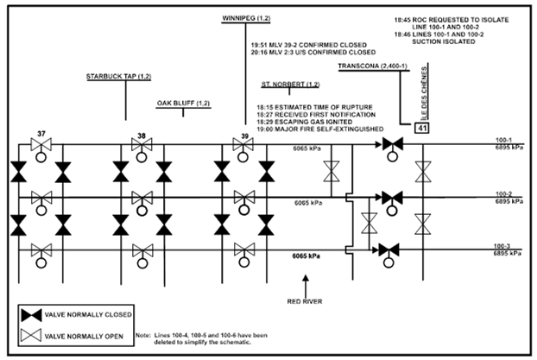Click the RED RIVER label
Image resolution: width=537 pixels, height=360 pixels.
pos(306,302)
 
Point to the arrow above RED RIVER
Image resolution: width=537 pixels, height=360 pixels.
pos(306,282)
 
